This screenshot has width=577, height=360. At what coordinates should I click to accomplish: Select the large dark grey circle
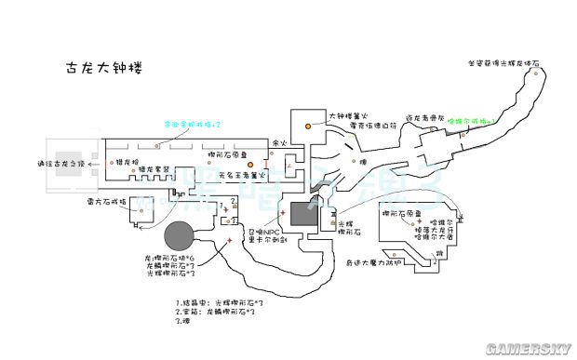[180, 237]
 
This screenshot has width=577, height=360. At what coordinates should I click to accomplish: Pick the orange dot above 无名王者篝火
[249, 165]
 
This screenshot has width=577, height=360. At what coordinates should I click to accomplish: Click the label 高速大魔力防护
[372, 263]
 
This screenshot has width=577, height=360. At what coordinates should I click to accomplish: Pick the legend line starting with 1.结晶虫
[221, 303]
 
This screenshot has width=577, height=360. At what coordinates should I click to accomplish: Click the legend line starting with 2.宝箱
[216, 312]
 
